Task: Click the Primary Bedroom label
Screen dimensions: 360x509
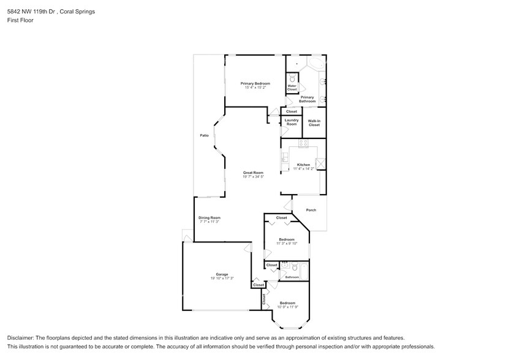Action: click(255, 83)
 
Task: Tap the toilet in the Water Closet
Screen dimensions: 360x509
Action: click(292, 78)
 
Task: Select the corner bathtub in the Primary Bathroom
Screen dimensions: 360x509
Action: click(317, 65)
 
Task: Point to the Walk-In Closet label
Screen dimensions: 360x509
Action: click(314, 123)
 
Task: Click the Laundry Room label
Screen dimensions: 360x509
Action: click(292, 122)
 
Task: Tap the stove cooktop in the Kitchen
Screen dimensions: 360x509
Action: click(303, 143)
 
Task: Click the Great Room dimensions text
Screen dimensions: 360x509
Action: click(253, 177)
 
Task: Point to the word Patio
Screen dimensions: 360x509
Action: click(204, 135)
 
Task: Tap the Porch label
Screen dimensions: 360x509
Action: click(311, 210)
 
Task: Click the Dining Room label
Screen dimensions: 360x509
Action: click(209, 218)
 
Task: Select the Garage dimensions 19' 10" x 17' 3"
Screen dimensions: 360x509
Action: click(221, 278)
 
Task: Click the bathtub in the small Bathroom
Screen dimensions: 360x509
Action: click(304, 269)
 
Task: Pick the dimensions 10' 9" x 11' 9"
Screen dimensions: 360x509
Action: click(287, 307)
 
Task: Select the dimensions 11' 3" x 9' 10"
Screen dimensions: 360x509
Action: click(287, 244)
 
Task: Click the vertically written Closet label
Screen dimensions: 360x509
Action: click(264, 299)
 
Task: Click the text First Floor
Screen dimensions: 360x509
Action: click(20, 20)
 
